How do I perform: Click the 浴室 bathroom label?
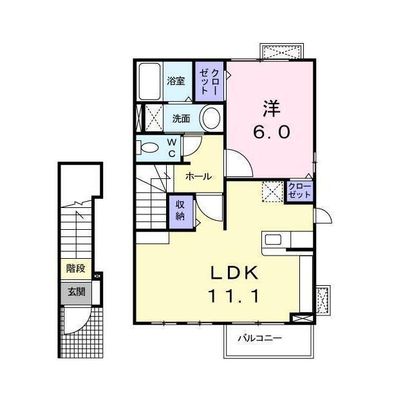176,81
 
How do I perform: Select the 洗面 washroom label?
181,119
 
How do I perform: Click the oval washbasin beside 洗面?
210,118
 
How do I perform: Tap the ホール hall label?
198,176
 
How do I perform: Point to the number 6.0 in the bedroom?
271,131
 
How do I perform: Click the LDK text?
235,273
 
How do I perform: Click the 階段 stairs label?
76,268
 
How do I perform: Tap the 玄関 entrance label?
76,292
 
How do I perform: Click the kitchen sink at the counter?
272,240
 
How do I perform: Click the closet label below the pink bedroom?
299,191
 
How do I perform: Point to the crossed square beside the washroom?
153,118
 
